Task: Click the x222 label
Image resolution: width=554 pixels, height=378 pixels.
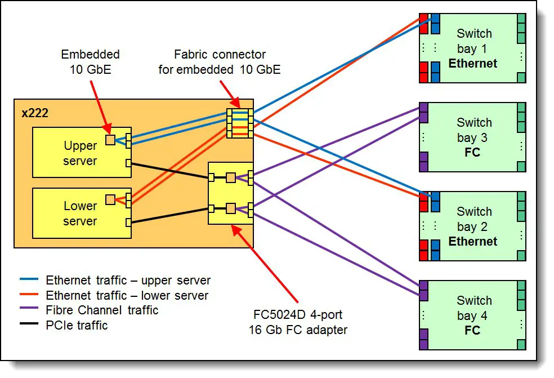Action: (x=35, y=113)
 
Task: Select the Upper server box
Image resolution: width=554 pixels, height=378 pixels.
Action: (x=82, y=153)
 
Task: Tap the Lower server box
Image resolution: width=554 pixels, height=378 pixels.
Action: (x=82, y=213)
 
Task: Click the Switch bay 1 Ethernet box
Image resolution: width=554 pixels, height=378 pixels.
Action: (x=472, y=48)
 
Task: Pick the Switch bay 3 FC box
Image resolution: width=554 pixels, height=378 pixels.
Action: (x=472, y=137)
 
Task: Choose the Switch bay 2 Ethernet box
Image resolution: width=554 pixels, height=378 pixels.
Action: (x=472, y=226)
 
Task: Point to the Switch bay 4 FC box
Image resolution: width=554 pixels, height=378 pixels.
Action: (x=472, y=315)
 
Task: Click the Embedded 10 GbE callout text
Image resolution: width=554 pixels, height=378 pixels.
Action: (x=91, y=61)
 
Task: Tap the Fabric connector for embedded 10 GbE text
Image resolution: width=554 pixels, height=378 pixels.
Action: (x=220, y=62)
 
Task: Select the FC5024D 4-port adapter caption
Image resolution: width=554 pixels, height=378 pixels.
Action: (x=298, y=322)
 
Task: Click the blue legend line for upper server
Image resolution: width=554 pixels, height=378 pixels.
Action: (x=29, y=279)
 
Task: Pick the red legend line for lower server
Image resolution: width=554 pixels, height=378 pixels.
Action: (x=29, y=294)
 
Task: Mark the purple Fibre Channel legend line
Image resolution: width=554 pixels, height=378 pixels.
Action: (x=29, y=308)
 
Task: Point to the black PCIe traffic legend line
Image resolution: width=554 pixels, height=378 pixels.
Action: (x=29, y=323)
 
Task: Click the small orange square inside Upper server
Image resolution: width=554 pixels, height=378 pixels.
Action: (x=110, y=140)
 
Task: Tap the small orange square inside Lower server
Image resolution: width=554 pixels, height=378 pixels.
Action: (x=110, y=200)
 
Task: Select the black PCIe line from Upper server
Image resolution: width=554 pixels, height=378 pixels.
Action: (x=170, y=171)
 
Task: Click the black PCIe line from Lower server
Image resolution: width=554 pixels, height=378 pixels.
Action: (x=170, y=215)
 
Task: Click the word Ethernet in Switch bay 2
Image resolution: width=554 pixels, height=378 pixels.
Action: (x=473, y=241)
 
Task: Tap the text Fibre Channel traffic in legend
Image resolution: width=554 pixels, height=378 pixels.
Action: (x=102, y=310)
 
